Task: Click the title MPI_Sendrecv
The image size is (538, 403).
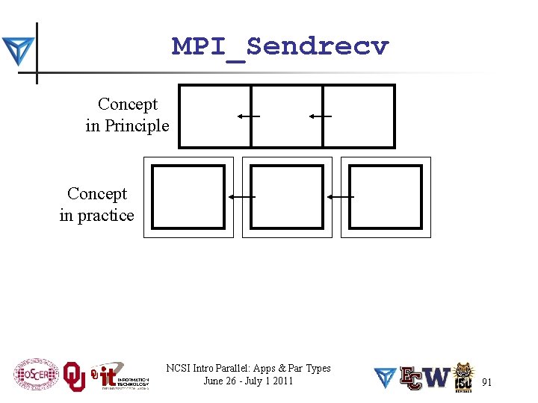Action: (280, 47)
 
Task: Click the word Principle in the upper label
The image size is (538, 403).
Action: (137, 125)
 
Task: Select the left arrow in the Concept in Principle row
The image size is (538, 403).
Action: (248, 116)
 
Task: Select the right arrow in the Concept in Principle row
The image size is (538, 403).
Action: (320, 116)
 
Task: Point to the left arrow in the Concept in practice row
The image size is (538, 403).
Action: (241, 196)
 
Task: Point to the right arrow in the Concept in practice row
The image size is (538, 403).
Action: (340, 196)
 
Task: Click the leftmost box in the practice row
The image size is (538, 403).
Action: (188, 197)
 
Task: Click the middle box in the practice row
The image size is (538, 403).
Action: (287, 197)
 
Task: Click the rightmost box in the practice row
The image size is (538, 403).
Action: (386, 197)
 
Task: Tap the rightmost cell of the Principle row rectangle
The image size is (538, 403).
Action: (359, 116)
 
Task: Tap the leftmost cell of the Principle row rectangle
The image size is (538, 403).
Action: (214, 116)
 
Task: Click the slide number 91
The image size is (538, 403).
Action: (486, 382)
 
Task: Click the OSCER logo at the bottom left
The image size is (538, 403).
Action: (35, 375)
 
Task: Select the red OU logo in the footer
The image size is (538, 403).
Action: (74, 377)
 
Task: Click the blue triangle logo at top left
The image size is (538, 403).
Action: (17, 51)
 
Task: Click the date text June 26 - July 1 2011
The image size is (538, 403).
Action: (248, 381)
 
